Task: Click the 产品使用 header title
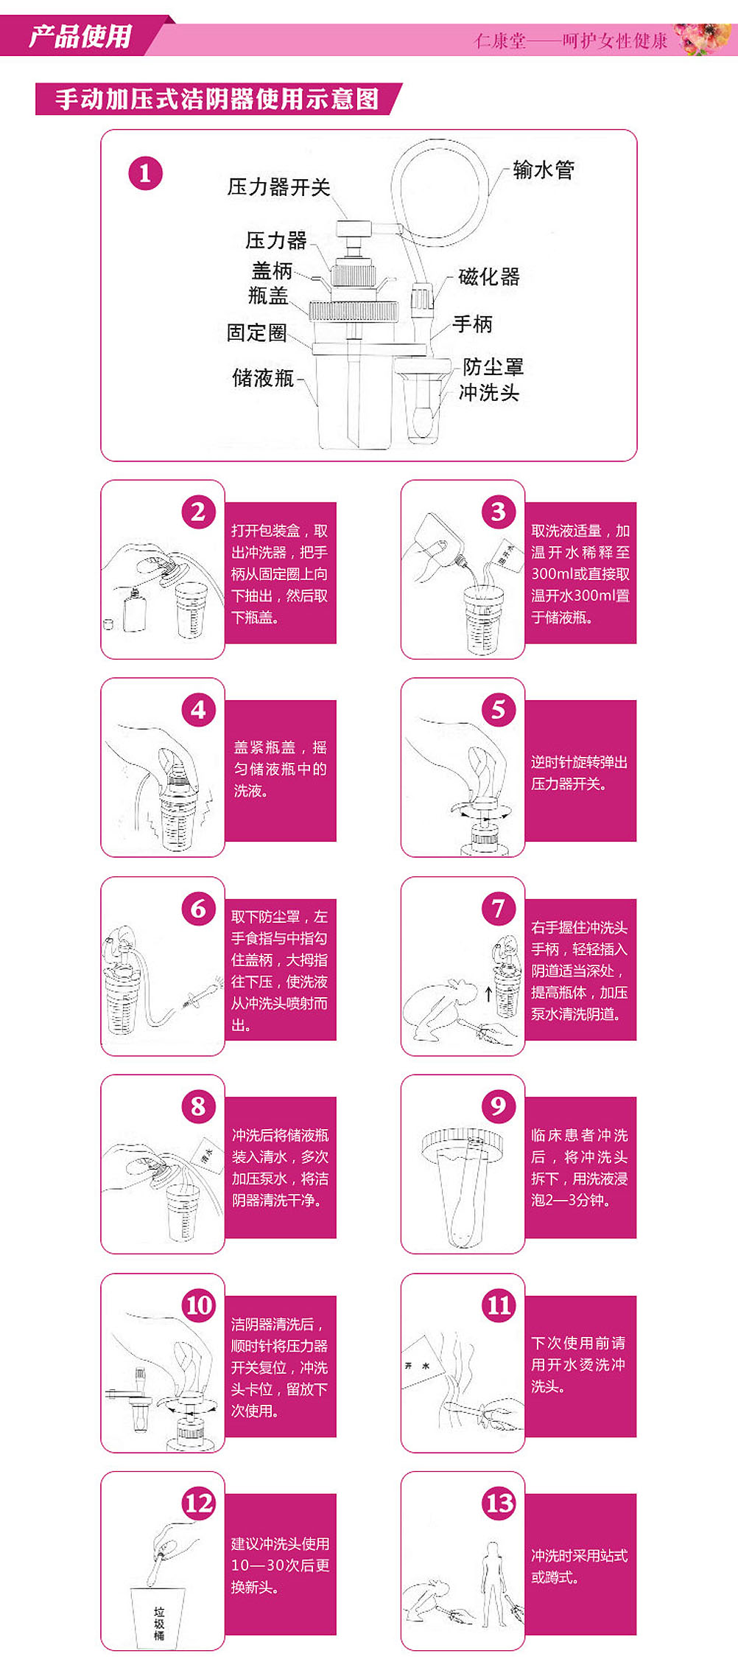[x=80, y=36]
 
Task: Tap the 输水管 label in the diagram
[x=544, y=170]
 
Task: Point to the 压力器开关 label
[x=278, y=187]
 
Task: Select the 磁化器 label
[x=489, y=277]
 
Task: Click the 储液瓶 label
[x=263, y=378]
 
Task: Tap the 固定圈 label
[x=256, y=332]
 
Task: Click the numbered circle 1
[x=145, y=174]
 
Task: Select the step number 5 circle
[x=499, y=710]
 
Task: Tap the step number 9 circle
[x=499, y=1106]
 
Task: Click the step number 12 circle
[x=199, y=1504]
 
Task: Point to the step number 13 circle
[x=499, y=1504]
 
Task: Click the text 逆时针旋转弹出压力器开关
[x=579, y=773]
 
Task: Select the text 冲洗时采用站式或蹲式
[x=579, y=1567]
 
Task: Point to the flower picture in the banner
[x=705, y=39]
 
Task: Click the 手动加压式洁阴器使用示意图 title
[x=217, y=99]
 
